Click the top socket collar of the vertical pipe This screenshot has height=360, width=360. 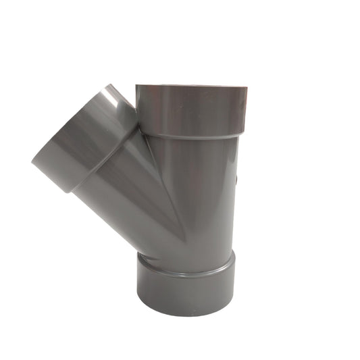tap(191, 109)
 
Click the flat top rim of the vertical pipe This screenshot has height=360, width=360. tap(191, 86)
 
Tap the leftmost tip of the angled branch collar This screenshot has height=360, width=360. tap(32, 160)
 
